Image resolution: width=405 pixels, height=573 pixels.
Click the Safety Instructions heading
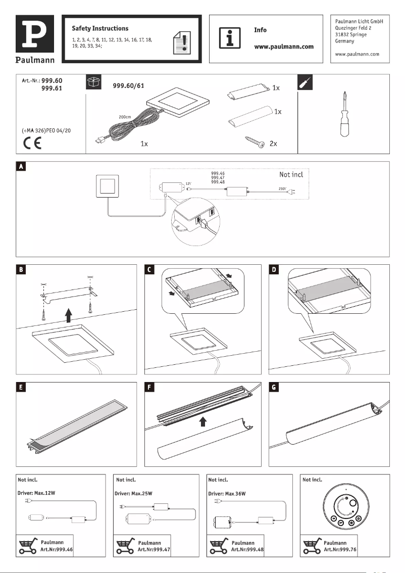(x=100, y=28)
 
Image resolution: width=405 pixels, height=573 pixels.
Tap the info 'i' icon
(x=229, y=38)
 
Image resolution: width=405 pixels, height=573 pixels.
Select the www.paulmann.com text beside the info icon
(x=283, y=46)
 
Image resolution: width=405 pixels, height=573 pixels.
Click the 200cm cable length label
(x=125, y=117)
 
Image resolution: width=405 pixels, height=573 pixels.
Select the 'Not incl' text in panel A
(x=291, y=175)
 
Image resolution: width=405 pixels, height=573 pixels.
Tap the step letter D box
(x=274, y=269)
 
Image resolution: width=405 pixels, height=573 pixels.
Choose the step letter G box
(x=274, y=388)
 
